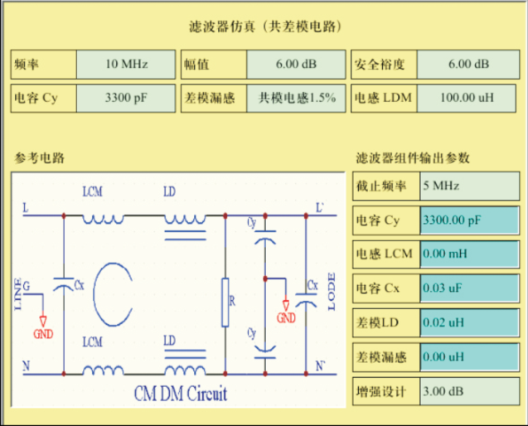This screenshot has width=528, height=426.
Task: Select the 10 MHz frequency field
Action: [126, 64]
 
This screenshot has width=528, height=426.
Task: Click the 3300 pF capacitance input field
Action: [126, 98]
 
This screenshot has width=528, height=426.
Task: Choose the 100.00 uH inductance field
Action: [467, 98]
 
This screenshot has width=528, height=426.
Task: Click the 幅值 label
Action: [199, 64]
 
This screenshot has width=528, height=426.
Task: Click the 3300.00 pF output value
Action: [470, 220]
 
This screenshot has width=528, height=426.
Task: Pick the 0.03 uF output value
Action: [470, 288]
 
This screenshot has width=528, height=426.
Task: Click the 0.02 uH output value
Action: [470, 322]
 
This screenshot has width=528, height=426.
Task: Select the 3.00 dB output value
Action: [470, 390]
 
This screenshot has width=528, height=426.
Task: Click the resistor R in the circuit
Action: [225, 303]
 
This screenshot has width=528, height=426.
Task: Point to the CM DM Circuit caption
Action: [180, 392]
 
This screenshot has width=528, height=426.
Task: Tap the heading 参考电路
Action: [39, 157]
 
